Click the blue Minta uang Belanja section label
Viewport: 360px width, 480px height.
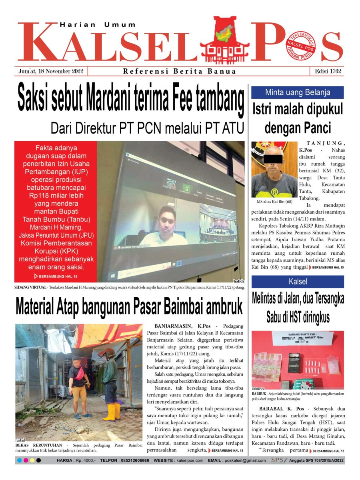[x=297, y=93]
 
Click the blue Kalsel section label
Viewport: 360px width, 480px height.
[x=297, y=282]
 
